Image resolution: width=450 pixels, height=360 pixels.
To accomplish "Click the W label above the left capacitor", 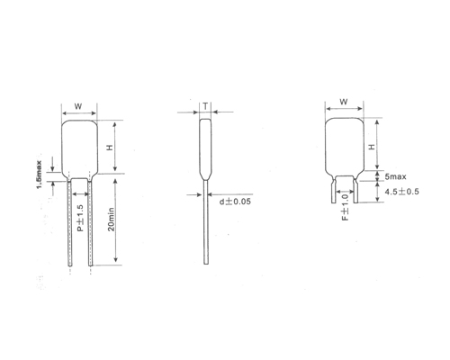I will point(78,105).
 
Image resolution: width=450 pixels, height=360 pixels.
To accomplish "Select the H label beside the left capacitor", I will point(109,148).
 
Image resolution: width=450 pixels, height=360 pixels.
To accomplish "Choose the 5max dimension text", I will point(396,178).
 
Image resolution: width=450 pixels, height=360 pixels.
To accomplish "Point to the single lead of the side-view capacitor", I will point(207,225).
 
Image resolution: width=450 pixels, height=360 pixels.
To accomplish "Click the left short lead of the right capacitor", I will point(335,191).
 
